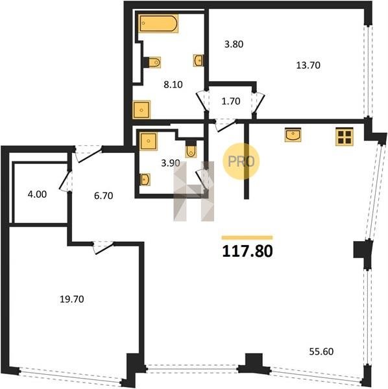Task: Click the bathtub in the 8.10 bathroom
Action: coord(158,23)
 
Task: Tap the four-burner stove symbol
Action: coord(345,136)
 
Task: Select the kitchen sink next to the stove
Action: coord(293,135)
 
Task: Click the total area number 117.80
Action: coord(247,251)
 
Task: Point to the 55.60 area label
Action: coord(321,351)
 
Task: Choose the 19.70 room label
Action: coord(72,299)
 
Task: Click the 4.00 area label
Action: coord(37,194)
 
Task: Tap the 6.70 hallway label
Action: coord(104,196)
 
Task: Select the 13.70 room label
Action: coord(308,65)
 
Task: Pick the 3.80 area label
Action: coord(234,44)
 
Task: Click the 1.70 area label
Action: coord(230,101)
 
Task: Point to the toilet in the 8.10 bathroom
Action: coord(152,62)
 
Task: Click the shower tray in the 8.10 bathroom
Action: coord(141,110)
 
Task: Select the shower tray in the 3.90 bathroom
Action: coord(149,141)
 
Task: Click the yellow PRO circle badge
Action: coord(241,161)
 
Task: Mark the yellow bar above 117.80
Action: coord(247,238)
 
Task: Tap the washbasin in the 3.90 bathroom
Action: coord(145,180)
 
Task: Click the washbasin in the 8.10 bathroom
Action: coord(198,60)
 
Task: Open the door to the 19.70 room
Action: coord(104,248)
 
